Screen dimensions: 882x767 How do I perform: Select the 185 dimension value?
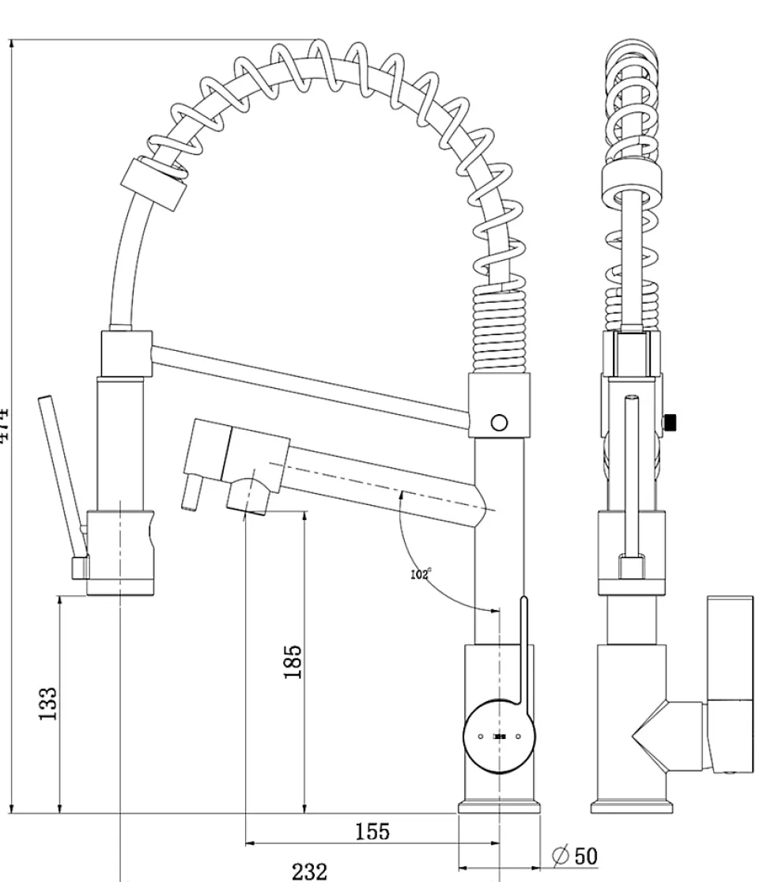(x=293, y=661)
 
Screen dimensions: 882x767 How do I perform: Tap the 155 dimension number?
(x=372, y=831)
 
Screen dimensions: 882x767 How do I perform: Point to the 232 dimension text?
(x=309, y=871)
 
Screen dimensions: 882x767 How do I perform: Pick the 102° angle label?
(x=421, y=574)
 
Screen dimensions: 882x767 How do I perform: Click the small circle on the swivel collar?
(x=499, y=422)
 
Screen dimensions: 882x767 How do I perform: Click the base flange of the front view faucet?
(x=499, y=808)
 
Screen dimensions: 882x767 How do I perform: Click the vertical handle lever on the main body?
(x=523, y=648)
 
